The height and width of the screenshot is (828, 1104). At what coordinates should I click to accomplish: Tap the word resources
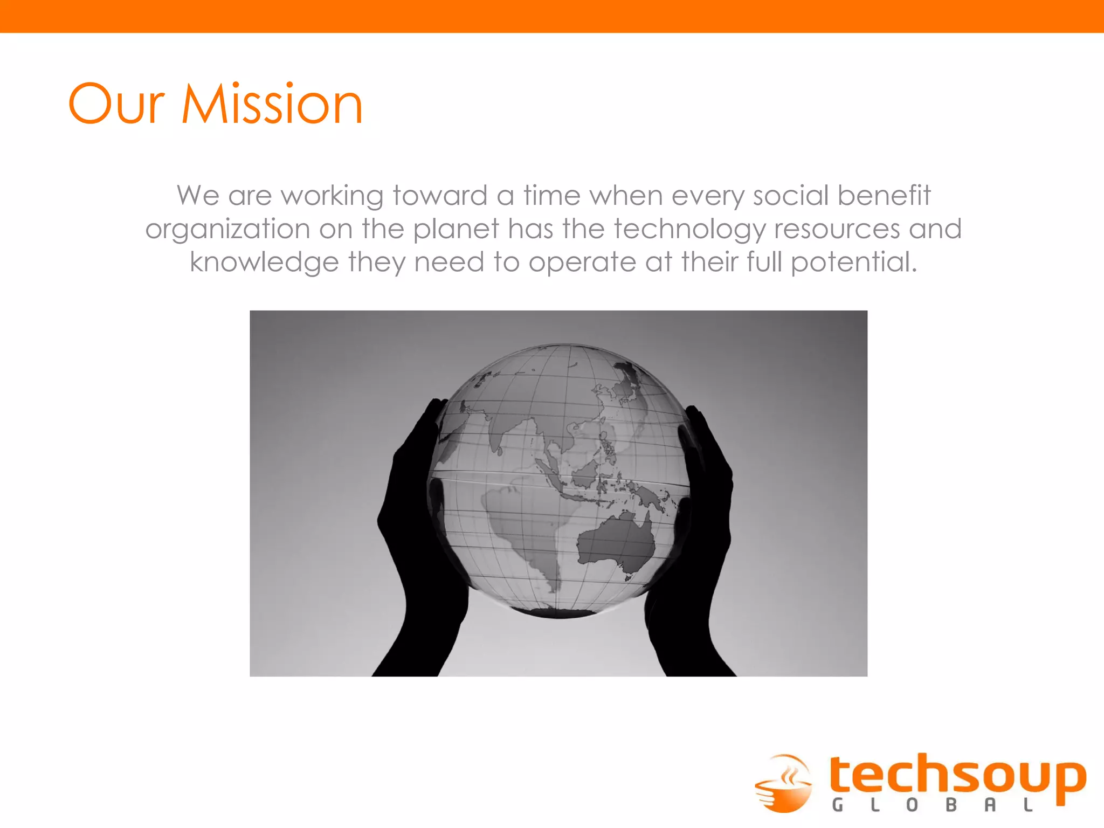pyautogui.click(x=837, y=229)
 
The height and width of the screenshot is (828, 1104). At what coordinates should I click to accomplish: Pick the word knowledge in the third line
pyautogui.click(x=264, y=263)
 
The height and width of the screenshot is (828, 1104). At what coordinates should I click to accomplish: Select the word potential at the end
pyautogui.click(x=853, y=263)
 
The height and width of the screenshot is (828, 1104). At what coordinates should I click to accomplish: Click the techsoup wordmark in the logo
pyautogui.click(x=957, y=776)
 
